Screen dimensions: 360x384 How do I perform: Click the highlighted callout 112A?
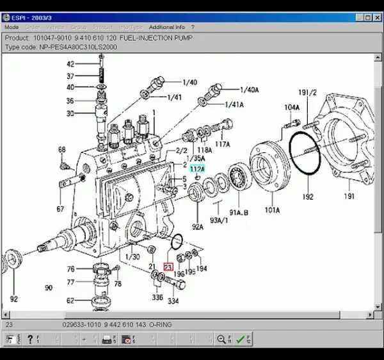196,168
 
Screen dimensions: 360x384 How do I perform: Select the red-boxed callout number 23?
168,267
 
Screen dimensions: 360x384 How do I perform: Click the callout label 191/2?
308,92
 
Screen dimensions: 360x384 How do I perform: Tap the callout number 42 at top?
70,64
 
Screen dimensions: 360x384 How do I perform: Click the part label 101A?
272,209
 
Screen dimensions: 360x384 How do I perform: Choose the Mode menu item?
12,28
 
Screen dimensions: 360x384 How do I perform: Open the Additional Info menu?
166,28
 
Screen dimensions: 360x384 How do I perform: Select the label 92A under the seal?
196,226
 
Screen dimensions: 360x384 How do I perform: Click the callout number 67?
60,209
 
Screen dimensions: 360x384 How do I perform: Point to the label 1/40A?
250,90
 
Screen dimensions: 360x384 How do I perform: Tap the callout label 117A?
222,143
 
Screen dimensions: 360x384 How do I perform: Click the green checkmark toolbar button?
240,339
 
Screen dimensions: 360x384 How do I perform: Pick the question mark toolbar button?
29,339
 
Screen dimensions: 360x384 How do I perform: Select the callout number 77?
70,282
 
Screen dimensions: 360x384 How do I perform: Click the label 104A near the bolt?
291,107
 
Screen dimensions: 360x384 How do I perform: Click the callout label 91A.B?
238,211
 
